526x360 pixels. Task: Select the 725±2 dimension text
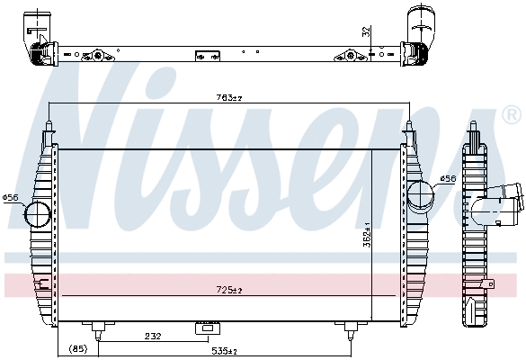(x=229, y=290)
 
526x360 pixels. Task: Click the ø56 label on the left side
(x=11, y=197)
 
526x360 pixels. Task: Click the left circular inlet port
(x=38, y=214)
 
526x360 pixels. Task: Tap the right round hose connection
(x=419, y=195)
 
